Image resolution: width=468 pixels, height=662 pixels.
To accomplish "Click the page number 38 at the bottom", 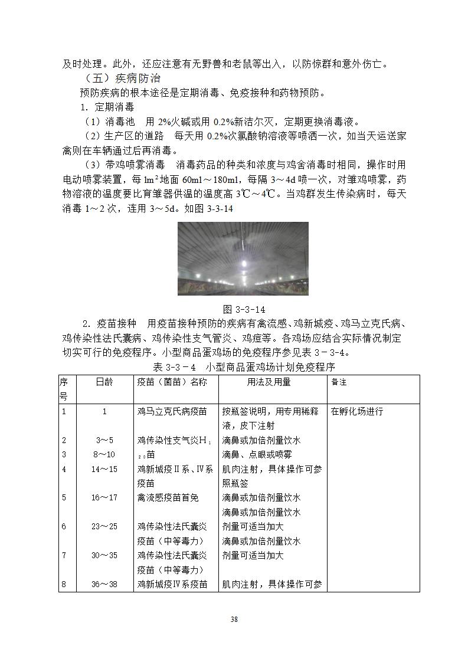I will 234,619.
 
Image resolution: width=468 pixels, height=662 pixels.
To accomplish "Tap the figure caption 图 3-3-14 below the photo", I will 243,309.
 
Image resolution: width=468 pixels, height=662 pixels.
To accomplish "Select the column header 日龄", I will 104,382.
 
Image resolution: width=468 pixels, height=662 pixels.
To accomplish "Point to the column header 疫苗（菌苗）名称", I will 172,382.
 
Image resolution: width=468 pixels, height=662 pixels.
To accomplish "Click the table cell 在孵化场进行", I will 357,411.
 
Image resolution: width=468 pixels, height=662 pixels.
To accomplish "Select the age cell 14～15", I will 104,469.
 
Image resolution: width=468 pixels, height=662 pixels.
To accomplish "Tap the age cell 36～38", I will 104,585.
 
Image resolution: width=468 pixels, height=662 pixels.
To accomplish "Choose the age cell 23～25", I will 104,527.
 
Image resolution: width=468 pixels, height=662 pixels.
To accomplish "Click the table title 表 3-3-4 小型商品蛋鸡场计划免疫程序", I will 244,367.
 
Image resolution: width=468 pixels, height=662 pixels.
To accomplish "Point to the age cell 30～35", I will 104,556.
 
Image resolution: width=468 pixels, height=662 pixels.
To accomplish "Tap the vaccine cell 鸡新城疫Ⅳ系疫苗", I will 172,585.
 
